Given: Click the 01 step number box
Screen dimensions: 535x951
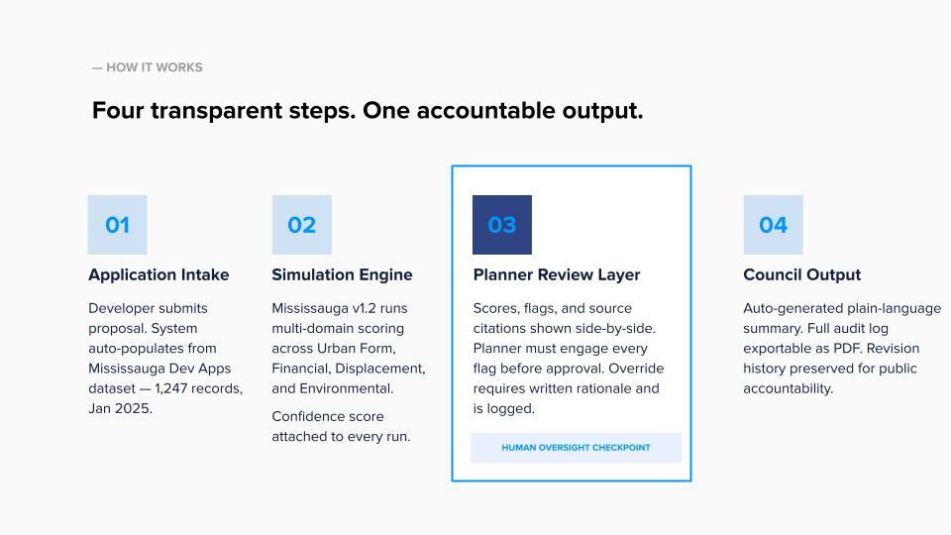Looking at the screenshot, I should [117, 225].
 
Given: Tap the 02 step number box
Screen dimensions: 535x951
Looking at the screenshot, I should [301, 225].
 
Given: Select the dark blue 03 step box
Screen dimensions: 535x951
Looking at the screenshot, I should [501, 225].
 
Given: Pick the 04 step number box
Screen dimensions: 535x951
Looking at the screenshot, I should [773, 225].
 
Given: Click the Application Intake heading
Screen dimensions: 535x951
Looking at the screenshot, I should [158, 274].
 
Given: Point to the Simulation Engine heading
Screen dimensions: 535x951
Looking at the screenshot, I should [342, 274].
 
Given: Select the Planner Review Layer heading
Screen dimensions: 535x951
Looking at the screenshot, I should [557, 274].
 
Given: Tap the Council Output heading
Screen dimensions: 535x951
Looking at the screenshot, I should [802, 274].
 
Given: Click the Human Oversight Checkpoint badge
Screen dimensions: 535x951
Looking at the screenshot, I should [576, 448].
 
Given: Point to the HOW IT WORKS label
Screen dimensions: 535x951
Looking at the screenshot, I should [148, 67].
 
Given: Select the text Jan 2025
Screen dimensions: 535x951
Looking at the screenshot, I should [120, 408].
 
